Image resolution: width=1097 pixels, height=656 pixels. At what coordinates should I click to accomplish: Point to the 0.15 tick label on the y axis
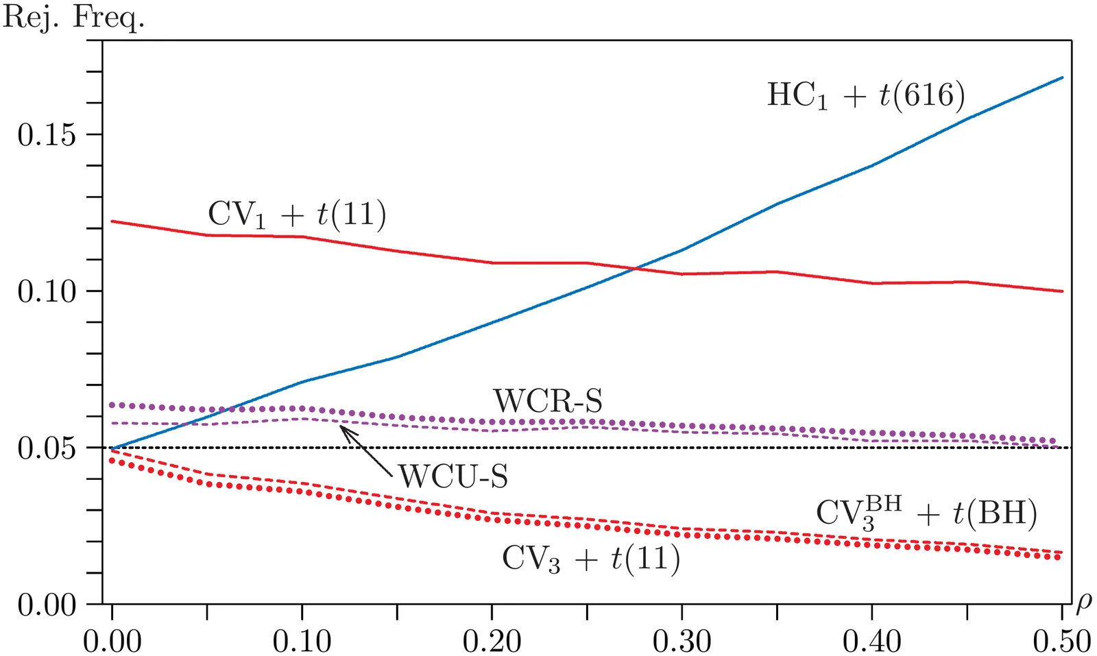click(47, 135)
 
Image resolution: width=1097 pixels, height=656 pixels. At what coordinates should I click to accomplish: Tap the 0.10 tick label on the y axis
click(47, 291)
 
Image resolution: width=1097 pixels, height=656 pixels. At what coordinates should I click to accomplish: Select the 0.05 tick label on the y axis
click(47, 448)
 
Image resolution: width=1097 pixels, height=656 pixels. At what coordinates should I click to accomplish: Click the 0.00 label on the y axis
click(47, 605)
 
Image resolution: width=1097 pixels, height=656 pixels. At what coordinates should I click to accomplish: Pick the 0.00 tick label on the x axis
click(112, 641)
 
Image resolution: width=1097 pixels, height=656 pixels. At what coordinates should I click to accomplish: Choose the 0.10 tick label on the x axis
click(302, 641)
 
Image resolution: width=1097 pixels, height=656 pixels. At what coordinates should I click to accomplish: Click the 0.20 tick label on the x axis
click(492, 641)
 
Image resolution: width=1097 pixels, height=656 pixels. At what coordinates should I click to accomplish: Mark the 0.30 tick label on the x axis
click(682, 641)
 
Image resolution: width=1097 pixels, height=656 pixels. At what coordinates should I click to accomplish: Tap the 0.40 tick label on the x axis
click(871, 641)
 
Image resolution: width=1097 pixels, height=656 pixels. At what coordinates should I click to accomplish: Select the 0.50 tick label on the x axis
click(1061, 641)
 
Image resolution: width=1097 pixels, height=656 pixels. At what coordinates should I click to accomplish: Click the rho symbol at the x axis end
click(1083, 603)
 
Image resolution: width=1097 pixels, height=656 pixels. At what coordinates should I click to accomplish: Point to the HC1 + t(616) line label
click(865, 95)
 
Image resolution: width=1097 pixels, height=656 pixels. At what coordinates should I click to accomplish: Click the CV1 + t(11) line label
click(297, 215)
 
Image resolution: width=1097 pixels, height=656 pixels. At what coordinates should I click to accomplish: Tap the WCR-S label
click(548, 401)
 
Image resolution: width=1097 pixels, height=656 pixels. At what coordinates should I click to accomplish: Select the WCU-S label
click(453, 476)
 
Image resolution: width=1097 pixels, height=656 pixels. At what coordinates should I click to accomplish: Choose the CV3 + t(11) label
click(591, 559)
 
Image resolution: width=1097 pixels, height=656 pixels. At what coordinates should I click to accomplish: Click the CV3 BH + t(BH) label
click(926, 513)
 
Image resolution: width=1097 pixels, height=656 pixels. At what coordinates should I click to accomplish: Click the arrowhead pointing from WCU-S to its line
click(343, 428)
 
